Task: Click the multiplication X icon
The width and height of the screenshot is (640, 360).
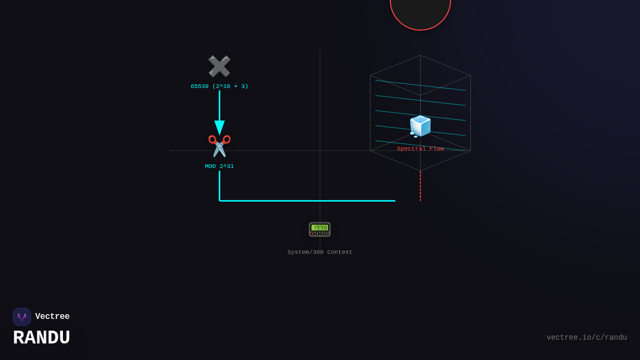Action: pyautogui.click(x=219, y=67)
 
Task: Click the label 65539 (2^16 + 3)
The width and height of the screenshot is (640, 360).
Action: pyautogui.click(x=219, y=86)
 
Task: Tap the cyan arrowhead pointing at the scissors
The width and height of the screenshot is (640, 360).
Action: pyautogui.click(x=219, y=127)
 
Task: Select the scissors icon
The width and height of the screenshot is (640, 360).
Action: pyautogui.click(x=219, y=146)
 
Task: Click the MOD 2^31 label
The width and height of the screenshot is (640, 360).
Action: pyautogui.click(x=219, y=166)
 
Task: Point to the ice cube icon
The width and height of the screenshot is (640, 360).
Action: pyautogui.click(x=420, y=126)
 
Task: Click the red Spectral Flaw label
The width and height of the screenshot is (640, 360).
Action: pyautogui.click(x=420, y=149)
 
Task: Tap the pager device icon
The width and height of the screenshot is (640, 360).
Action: pyautogui.click(x=319, y=229)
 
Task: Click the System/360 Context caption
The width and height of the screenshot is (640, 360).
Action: pyautogui.click(x=320, y=252)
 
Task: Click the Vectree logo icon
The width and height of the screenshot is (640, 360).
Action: pyautogui.click(x=22, y=317)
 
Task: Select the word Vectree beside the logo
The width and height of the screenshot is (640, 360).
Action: pyautogui.click(x=52, y=317)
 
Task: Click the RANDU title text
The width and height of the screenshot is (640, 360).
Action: pyautogui.click(x=42, y=338)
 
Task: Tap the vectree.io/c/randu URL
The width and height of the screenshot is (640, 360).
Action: pyautogui.click(x=587, y=338)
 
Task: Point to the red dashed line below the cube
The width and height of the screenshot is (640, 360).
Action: pyautogui.click(x=420, y=186)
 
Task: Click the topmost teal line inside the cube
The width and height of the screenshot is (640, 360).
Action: pyautogui.click(x=420, y=85)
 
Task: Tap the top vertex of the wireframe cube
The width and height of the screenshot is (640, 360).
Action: pyautogui.click(x=420, y=55)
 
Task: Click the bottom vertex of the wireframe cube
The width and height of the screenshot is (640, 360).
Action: pyautogui.click(x=420, y=171)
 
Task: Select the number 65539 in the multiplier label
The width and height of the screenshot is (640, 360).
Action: pyautogui.click(x=199, y=86)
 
